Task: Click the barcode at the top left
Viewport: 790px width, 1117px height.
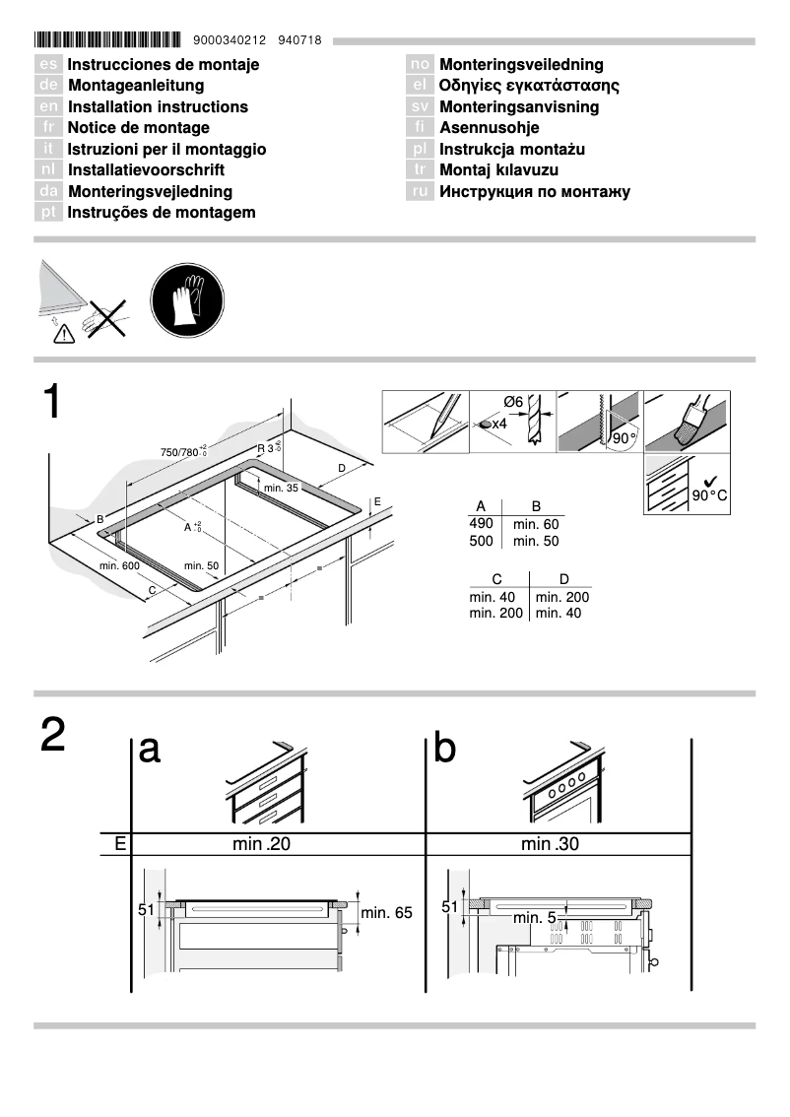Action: (x=107, y=40)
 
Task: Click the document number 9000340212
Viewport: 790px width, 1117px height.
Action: (x=230, y=41)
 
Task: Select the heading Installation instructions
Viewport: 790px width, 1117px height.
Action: (x=158, y=106)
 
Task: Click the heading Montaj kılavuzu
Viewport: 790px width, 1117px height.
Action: (x=499, y=169)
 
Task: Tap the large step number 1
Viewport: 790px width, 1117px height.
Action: (x=53, y=404)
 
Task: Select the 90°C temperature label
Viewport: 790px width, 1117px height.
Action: (x=708, y=494)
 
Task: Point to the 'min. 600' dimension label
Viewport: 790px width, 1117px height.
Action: (x=119, y=565)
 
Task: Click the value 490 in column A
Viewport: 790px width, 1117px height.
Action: (x=481, y=524)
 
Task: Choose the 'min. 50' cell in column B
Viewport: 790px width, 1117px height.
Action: (x=536, y=542)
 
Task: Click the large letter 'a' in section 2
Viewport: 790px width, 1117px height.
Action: (x=150, y=750)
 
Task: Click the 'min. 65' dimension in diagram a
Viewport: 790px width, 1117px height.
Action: (x=386, y=913)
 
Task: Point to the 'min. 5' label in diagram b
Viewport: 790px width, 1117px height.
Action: (x=537, y=918)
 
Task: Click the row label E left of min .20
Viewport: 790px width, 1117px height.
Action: (x=119, y=843)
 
